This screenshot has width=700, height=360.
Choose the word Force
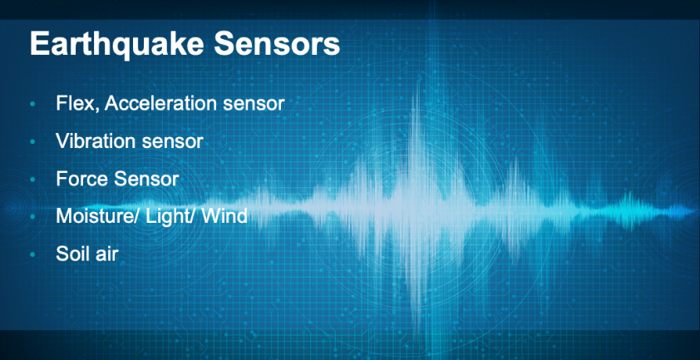[x=82, y=179]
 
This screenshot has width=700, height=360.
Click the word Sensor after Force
[x=146, y=179]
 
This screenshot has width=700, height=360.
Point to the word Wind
[x=224, y=217]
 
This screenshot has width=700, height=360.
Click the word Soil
[x=71, y=254]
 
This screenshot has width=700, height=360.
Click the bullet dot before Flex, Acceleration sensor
[x=32, y=105]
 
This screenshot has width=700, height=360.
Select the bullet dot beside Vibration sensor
[x=32, y=142]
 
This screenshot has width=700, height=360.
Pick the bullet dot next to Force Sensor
[x=32, y=180]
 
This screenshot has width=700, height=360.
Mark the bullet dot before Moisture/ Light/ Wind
[x=32, y=218]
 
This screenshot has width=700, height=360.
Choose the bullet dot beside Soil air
[x=32, y=255]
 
